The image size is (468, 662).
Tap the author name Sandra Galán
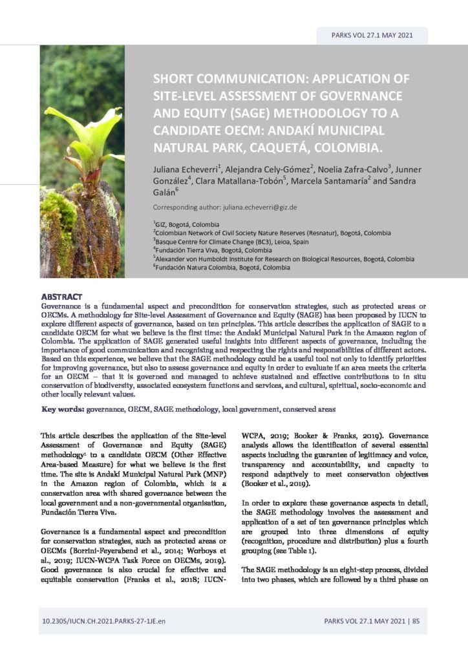click(165, 192)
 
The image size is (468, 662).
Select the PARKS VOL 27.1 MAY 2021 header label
click(371, 36)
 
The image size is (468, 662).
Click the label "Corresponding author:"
click(184, 208)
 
